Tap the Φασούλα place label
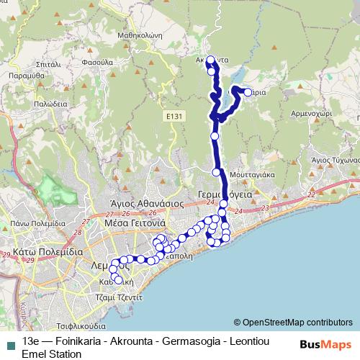coord(98,63)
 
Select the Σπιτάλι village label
coord(46,63)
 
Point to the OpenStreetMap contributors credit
coord(293,322)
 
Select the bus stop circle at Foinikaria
coord(248,92)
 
